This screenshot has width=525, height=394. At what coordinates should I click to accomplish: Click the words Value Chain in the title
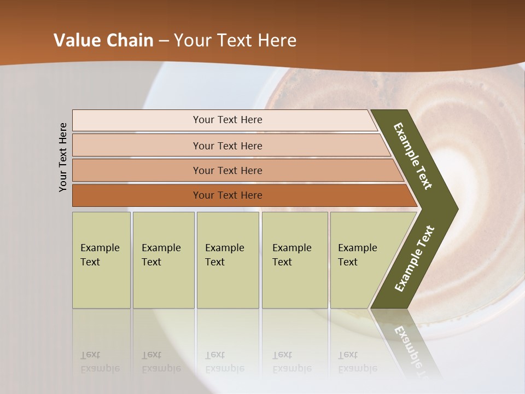coord(103,40)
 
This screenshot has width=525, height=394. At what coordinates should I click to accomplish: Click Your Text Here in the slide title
coord(235,40)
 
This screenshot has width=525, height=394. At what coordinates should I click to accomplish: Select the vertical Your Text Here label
coord(63,158)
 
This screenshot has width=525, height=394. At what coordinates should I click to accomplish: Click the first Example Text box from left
coord(101,260)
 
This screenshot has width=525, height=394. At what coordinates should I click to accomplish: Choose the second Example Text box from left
coord(163,260)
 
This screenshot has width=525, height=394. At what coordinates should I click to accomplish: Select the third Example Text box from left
coord(227,260)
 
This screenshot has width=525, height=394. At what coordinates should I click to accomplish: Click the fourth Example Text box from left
coord(294,260)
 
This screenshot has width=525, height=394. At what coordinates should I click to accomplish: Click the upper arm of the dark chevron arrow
coord(413,156)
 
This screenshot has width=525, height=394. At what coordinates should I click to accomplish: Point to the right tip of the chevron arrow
coord(455,208)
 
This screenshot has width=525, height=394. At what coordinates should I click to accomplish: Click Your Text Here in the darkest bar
coord(227,195)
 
